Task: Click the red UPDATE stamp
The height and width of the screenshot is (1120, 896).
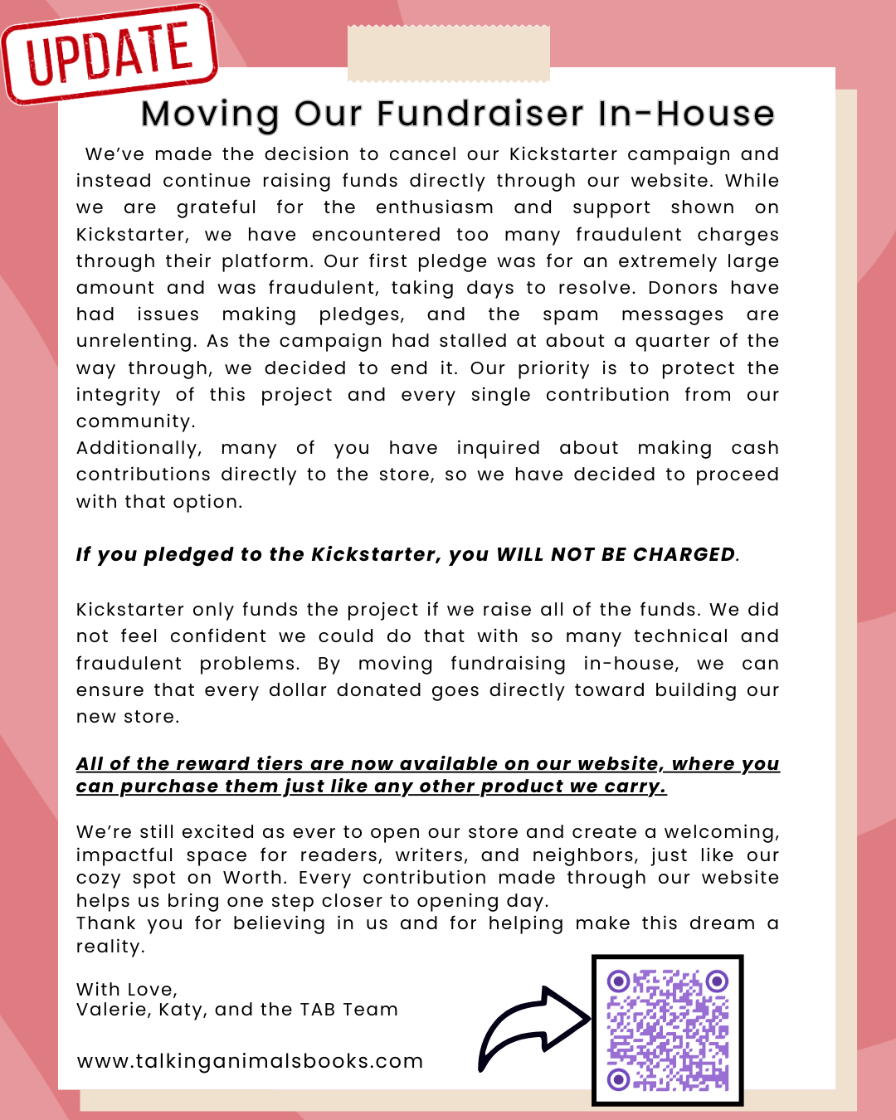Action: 110,54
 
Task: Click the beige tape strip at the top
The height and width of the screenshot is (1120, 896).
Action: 448,54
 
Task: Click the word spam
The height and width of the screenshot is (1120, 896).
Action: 570,314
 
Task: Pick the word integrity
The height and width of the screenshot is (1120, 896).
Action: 118,395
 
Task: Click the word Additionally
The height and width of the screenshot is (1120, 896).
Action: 139,448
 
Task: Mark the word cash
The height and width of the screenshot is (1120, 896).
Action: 754,448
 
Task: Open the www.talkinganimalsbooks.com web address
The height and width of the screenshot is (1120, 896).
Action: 250,1061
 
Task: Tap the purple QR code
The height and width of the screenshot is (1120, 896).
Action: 667,1030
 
